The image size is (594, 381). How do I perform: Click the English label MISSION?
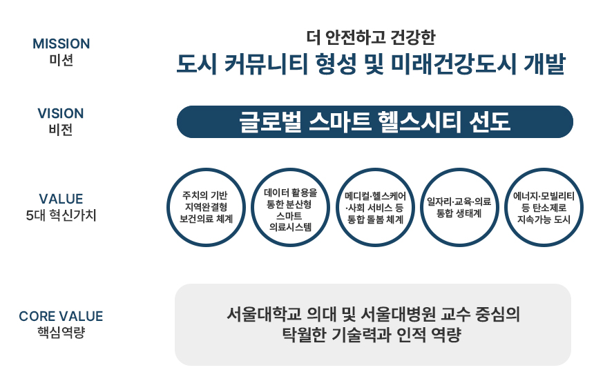pyautogui.click(x=61, y=43)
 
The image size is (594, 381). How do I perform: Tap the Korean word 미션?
pyautogui.click(x=61, y=60)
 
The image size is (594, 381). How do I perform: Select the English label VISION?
pyautogui.click(x=61, y=113)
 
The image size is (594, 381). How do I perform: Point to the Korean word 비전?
pyautogui.click(x=61, y=130)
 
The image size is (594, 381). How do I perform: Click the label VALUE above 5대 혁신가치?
pyautogui.click(x=61, y=199)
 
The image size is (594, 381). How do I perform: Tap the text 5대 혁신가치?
pyautogui.click(x=61, y=215)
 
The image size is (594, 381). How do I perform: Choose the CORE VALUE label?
pyautogui.click(x=61, y=316)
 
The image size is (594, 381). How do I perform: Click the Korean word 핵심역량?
pyautogui.click(x=61, y=332)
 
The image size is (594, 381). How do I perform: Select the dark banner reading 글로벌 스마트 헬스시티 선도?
pyautogui.click(x=374, y=122)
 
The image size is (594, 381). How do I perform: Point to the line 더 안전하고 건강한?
pyautogui.click(x=371, y=37)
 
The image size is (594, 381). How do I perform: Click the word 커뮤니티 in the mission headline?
pyautogui.click(x=266, y=64)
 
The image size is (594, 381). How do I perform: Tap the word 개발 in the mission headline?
pyautogui.click(x=544, y=64)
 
